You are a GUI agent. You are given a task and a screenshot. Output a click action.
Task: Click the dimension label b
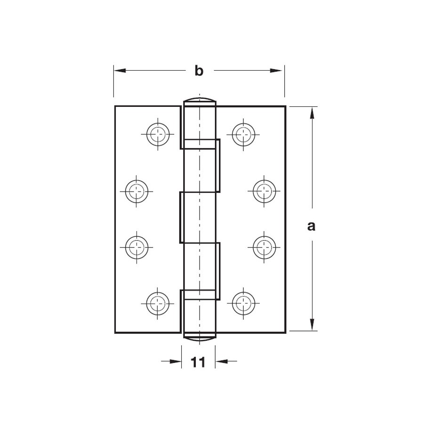coord(199,71)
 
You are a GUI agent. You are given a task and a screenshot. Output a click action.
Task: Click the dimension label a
coord(311,226)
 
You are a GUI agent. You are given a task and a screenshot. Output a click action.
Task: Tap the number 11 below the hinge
coord(198,362)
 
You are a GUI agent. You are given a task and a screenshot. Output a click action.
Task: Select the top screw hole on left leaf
coord(158,135)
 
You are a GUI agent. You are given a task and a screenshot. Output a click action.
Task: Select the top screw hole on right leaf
coord(243,135)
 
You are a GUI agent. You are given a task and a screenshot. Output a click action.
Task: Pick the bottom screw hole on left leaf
coord(158,304)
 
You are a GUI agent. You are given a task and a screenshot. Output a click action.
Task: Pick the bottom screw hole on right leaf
coord(243,304)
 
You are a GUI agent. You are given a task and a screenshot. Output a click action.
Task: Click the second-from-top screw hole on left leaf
coord(136,191)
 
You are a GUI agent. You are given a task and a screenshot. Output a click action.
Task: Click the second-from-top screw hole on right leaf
coord(265,191)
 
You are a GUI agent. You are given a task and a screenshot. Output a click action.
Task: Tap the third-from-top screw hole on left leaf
coord(136,248)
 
